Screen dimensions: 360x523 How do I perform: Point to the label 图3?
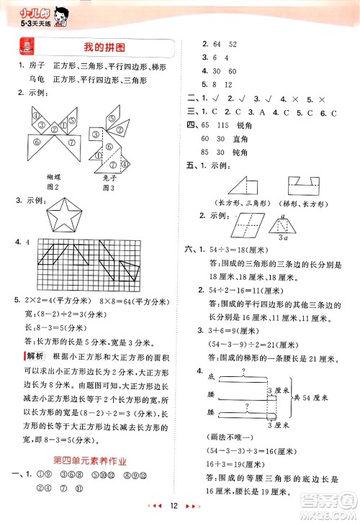tap(109, 188)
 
